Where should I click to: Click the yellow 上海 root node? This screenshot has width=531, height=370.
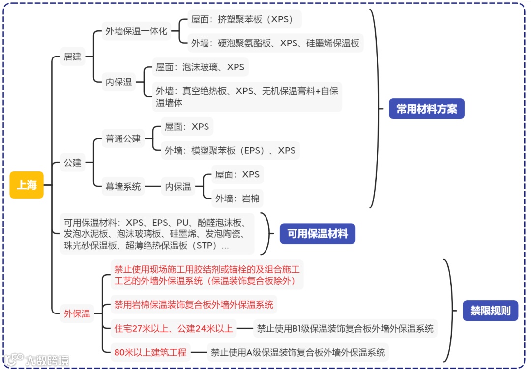tap(27, 185)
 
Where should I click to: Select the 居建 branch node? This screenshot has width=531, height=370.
tap(72, 57)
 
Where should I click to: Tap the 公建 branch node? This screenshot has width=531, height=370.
tap(72, 162)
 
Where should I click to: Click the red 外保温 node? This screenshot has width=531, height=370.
tap(77, 313)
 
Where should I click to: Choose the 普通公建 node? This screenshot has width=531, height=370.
tap(123, 139)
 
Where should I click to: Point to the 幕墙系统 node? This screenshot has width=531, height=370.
tap(123, 186)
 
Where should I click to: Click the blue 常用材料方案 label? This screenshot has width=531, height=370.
tap(427, 109)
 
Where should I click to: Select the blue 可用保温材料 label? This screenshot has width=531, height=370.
tap(317, 234)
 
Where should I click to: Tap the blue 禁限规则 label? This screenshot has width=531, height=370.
tap(490, 311)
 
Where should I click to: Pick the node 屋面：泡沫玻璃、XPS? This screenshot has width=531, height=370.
tap(200, 67)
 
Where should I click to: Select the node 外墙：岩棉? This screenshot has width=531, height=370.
tap(237, 199)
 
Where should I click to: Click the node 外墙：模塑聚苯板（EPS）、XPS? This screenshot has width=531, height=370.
tap(230, 150)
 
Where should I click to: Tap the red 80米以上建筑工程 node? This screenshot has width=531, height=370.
tap(150, 352)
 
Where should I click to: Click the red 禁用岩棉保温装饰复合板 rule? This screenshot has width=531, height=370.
tap(193, 304)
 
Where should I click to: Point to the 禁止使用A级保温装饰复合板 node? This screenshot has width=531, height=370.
tap(297, 352)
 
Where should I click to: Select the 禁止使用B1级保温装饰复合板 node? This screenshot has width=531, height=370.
tap(345, 328)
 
